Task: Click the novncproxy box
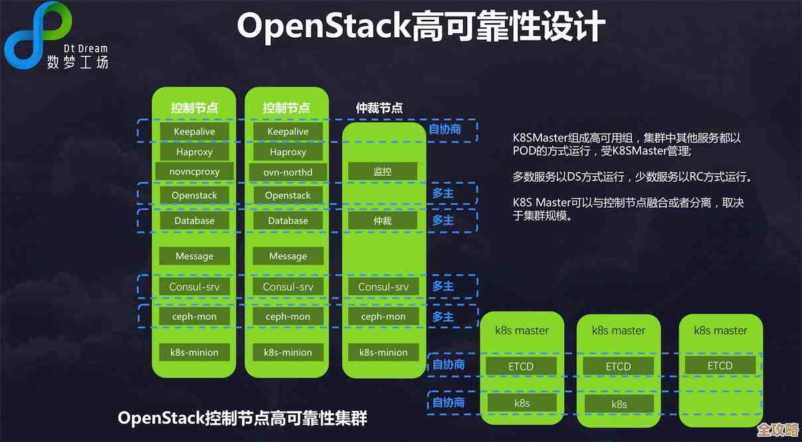pyautogui.click(x=194, y=172)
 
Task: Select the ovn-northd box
pyautogui.click(x=288, y=172)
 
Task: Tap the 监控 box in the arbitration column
pyautogui.click(x=383, y=172)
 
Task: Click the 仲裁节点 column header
pyautogui.click(x=379, y=108)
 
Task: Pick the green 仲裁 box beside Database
pyautogui.click(x=383, y=220)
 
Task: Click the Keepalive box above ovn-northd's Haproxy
pyautogui.click(x=288, y=131)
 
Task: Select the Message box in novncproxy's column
pyautogui.click(x=194, y=256)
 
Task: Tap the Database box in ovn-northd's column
pyautogui.click(x=288, y=220)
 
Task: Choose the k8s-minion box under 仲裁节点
pyautogui.click(x=383, y=352)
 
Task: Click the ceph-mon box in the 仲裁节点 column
pyautogui.click(x=383, y=317)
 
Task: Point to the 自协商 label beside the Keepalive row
pyautogui.click(x=445, y=129)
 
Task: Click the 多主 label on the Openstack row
pyautogui.click(x=443, y=193)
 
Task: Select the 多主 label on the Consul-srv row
pyautogui.click(x=443, y=286)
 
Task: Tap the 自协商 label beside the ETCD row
pyautogui.click(x=449, y=364)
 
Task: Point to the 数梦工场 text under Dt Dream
pyautogui.click(x=77, y=62)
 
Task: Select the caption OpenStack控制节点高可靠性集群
pyautogui.click(x=243, y=418)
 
